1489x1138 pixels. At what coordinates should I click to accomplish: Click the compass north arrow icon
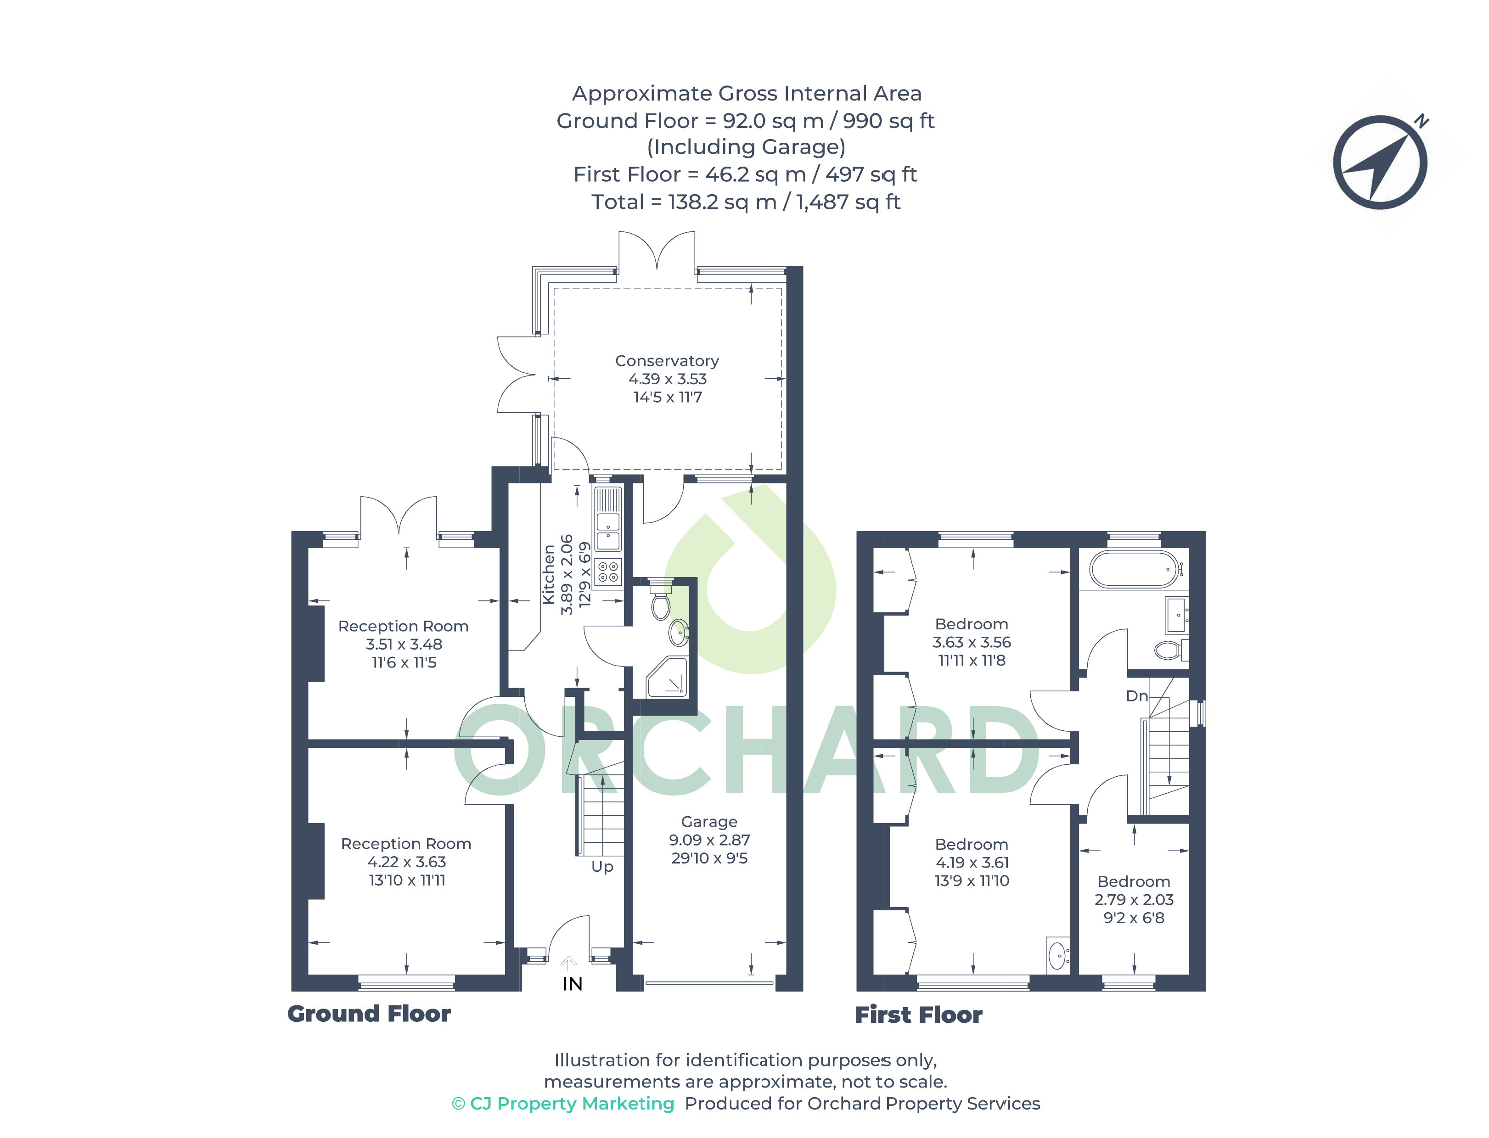click(x=1379, y=162)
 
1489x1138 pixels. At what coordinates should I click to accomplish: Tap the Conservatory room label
click(x=667, y=361)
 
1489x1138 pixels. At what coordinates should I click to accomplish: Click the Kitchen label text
click(x=549, y=574)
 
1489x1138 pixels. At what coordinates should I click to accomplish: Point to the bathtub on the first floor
click(x=1135, y=569)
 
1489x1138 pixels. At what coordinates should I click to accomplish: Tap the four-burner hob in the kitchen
click(x=607, y=572)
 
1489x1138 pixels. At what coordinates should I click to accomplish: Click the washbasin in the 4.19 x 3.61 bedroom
click(x=1057, y=956)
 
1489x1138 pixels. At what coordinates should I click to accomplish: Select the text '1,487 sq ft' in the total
click(x=848, y=202)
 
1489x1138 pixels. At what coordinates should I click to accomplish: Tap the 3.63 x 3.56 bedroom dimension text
click(x=972, y=642)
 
